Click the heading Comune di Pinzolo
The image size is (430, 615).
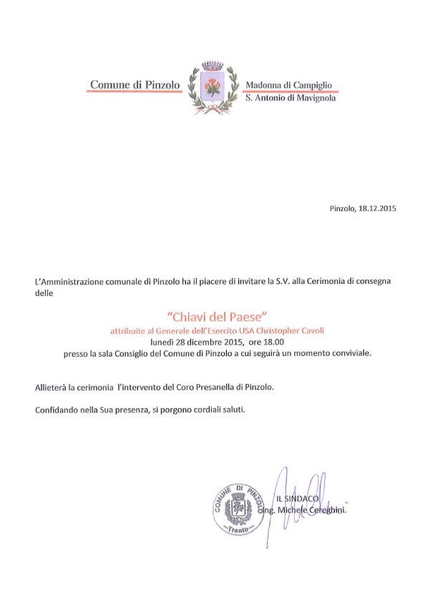(134, 85)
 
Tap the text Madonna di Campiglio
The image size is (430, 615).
(288, 85)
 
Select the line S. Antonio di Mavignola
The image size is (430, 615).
(290, 99)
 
